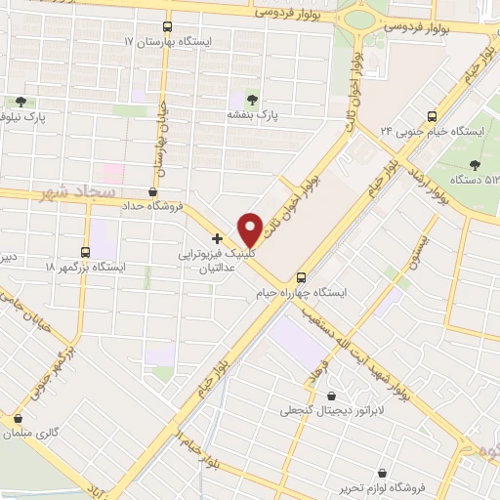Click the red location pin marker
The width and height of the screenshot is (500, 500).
[250, 229]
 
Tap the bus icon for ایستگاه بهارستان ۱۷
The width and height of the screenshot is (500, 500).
[167, 27]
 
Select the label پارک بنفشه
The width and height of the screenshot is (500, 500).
[254, 114]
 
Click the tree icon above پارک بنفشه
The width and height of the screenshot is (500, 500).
[254, 100]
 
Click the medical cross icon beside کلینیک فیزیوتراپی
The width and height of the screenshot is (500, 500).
[217, 237]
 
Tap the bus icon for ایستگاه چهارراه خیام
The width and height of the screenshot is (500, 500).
[302, 276]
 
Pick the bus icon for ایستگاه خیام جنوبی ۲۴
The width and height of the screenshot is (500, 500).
[433, 115]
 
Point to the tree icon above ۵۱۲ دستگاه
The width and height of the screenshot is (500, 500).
[476, 164]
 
